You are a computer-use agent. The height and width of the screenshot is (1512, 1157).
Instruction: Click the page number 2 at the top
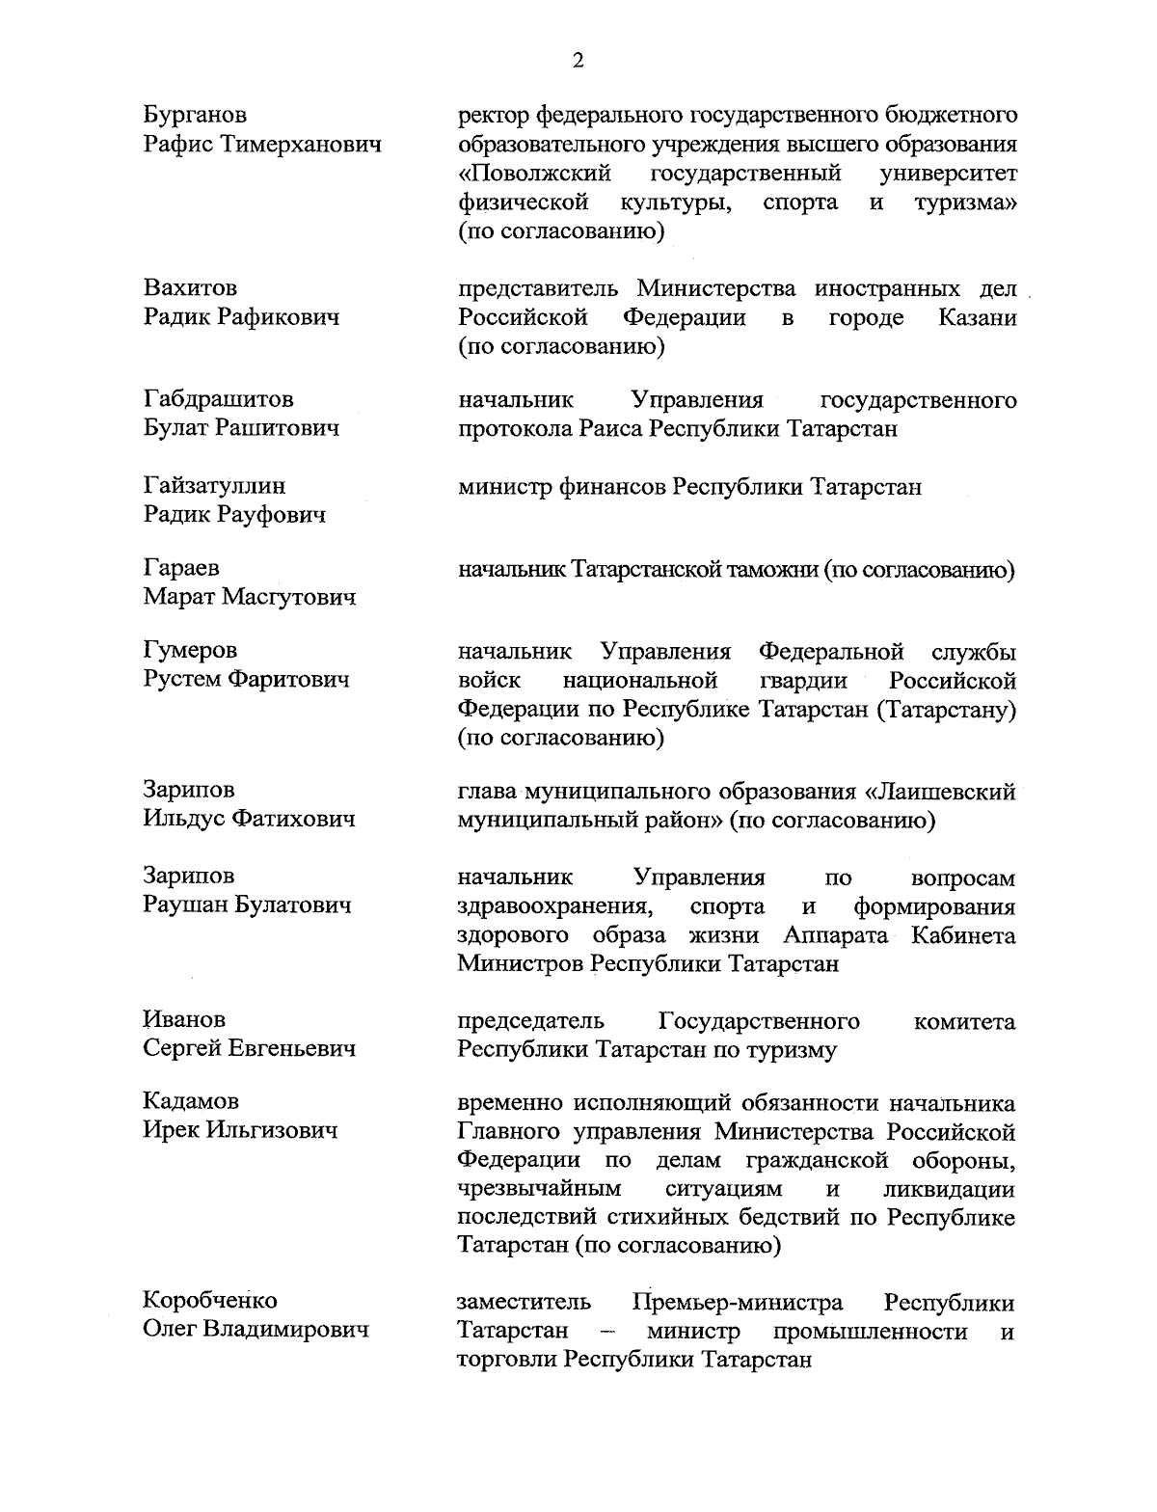click(x=578, y=61)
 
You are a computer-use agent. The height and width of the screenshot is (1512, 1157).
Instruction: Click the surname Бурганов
click(x=195, y=115)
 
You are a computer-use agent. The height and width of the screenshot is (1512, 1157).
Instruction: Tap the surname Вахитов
click(x=190, y=287)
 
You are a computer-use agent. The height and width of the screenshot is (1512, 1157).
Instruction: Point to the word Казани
click(x=977, y=317)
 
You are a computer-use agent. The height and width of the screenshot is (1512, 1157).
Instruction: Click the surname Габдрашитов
click(x=218, y=398)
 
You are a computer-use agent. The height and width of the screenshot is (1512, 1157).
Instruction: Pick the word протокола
click(x=516, y=429)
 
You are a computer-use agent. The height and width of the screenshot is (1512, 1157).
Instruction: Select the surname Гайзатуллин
click(x=214, y=485)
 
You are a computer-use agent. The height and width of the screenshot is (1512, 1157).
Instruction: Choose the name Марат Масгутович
click(x=249, y=597)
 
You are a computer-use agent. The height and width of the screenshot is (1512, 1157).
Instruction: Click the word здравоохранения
click(x=552, y=906)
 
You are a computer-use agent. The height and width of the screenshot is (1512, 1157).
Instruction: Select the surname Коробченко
click(x=209, y=1300)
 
